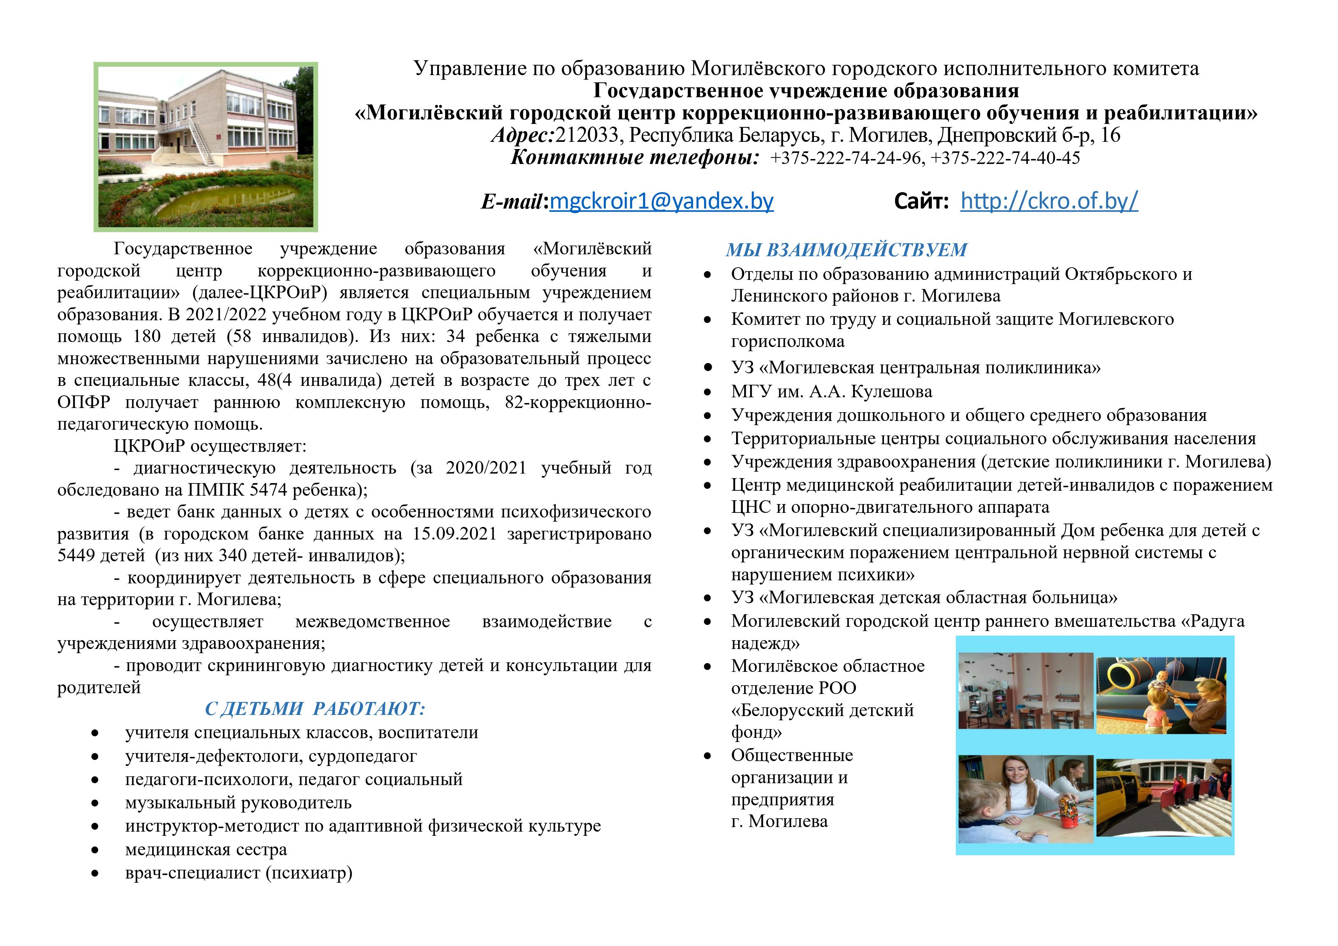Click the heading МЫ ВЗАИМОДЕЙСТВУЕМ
[846, 250]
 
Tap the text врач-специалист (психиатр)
[238, 873]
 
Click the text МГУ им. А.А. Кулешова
[831, 392]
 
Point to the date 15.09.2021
[454, 533]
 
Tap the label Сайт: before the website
[921, 202]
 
